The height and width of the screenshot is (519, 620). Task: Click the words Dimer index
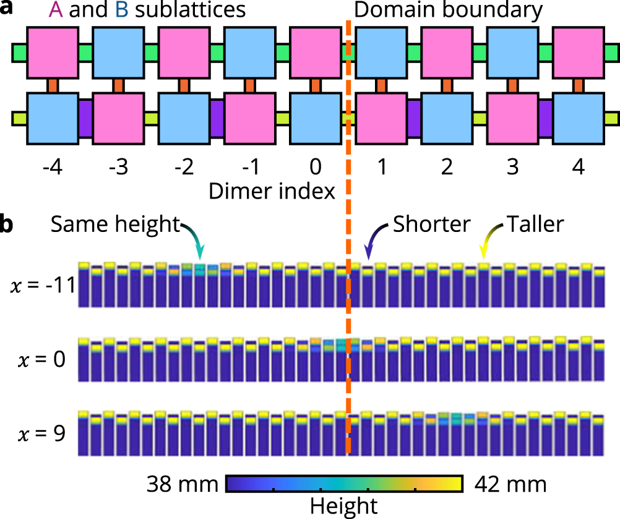click(x=272, y=191)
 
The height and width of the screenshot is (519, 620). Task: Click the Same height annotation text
click(x=114, y=225)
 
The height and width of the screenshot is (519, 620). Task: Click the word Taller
click(x=536, y=225)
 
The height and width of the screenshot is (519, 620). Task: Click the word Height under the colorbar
click(x=343, y=506)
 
